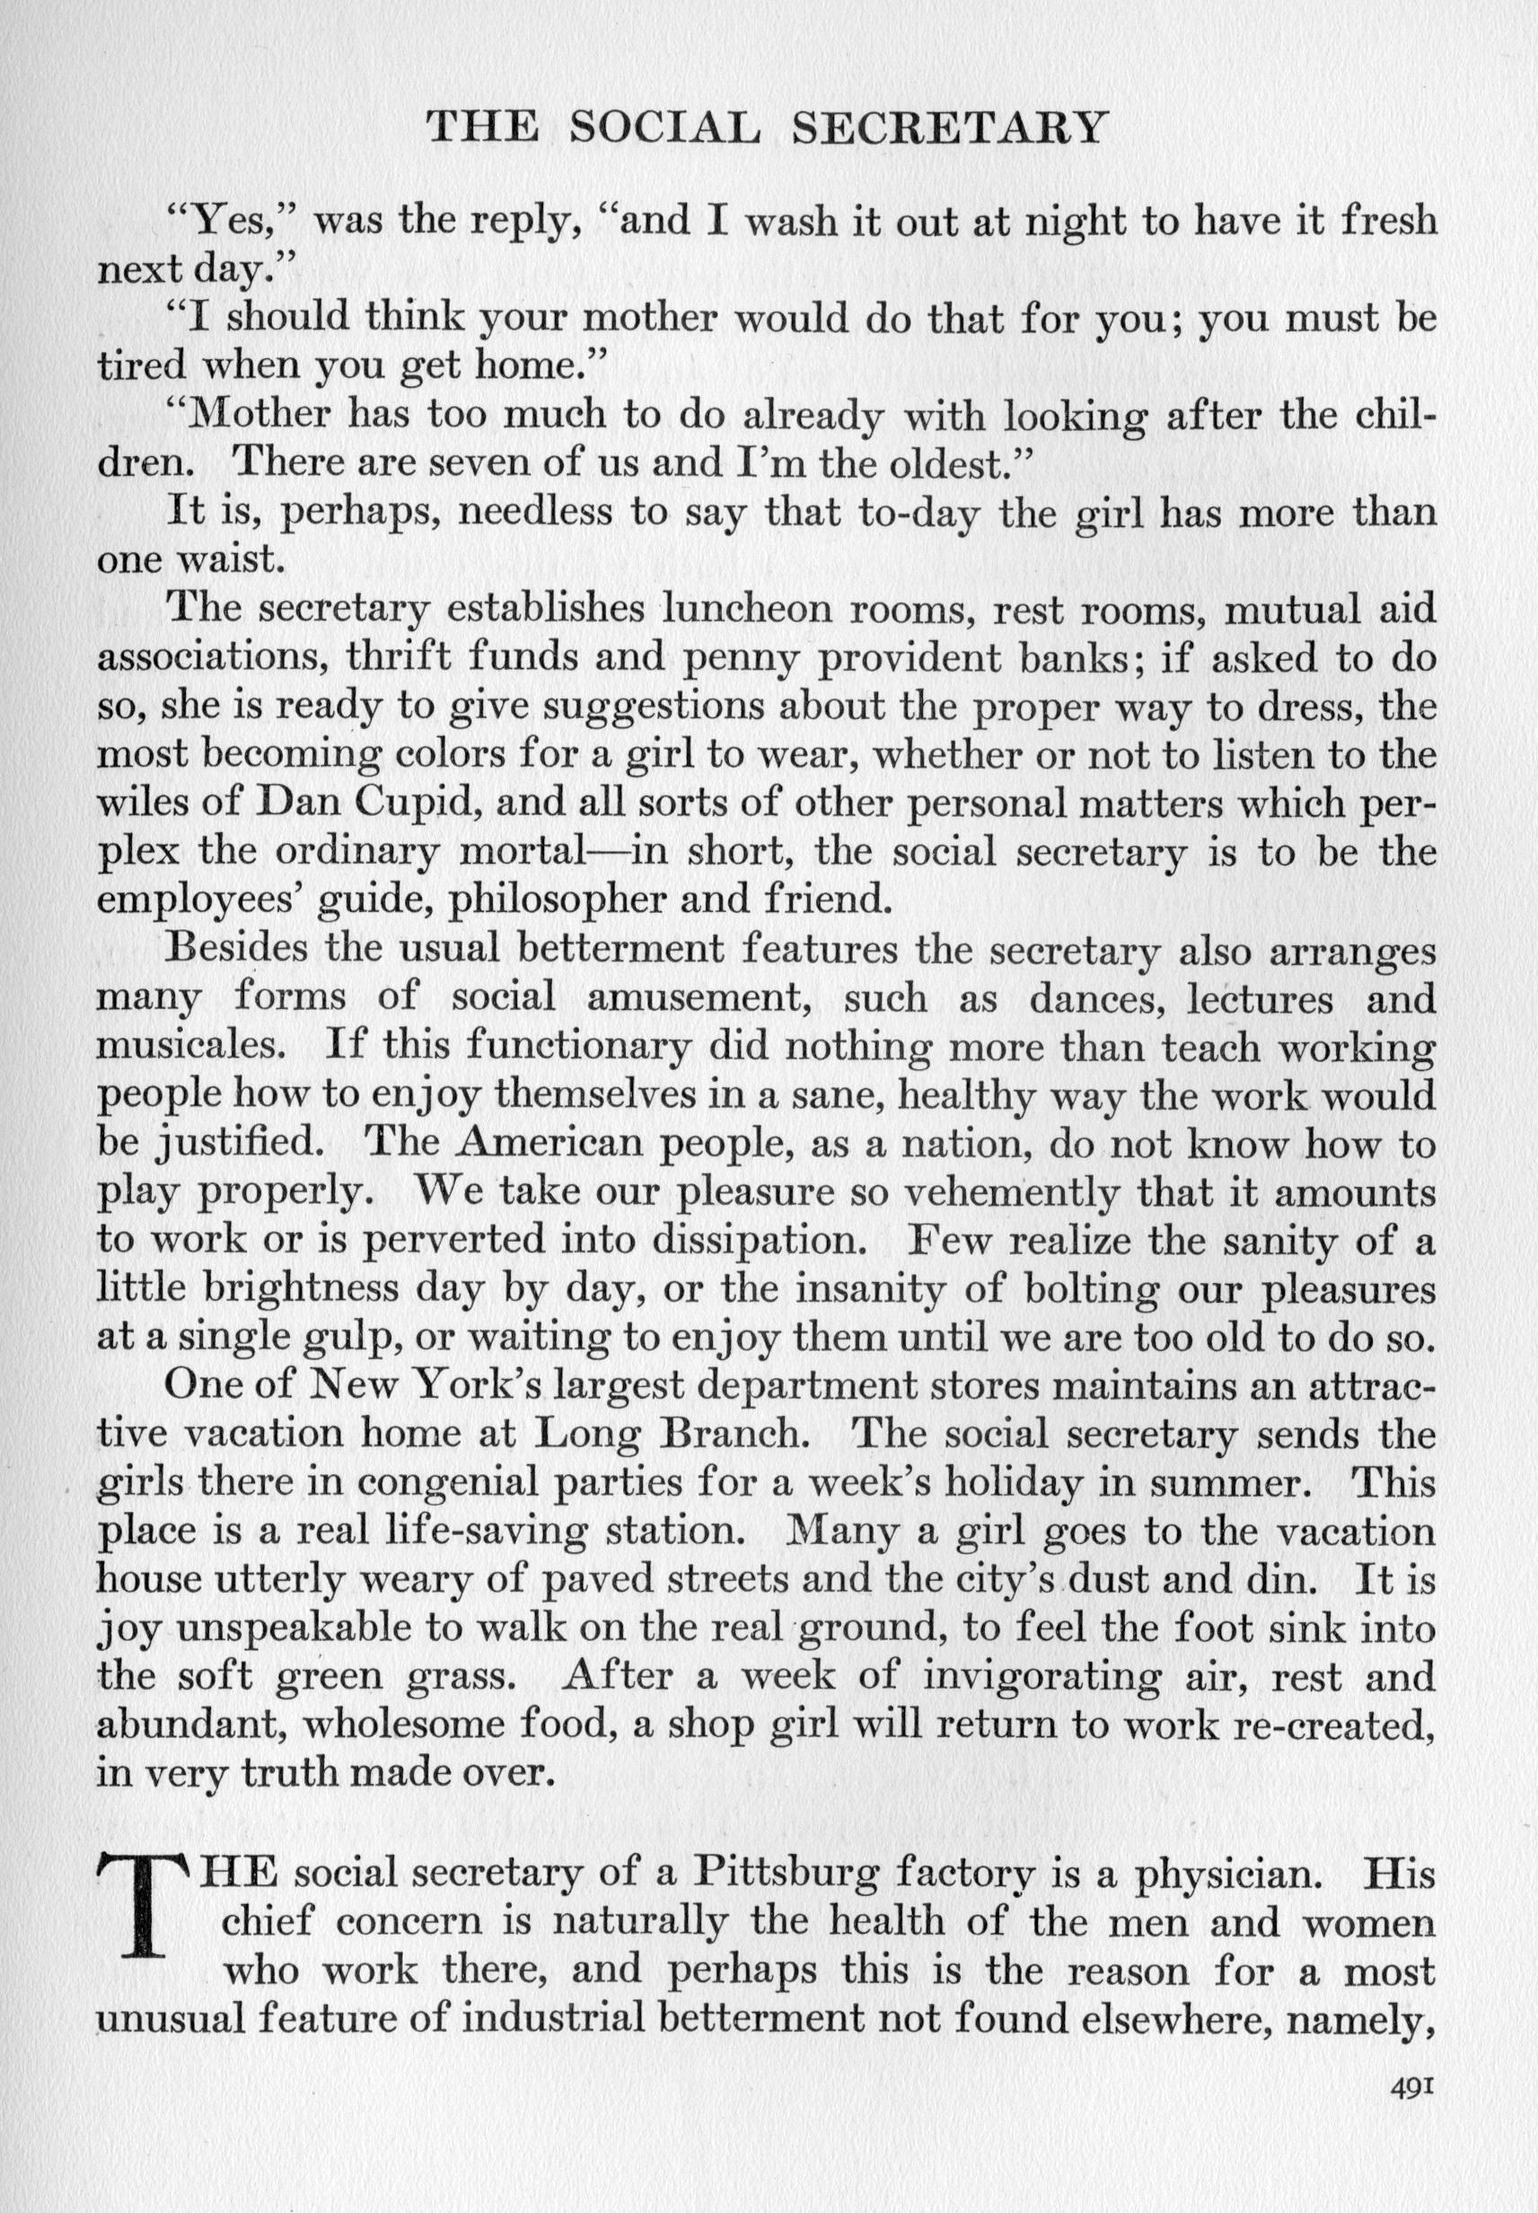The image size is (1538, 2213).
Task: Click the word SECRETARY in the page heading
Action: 947,128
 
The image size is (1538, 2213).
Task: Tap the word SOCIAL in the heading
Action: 664,128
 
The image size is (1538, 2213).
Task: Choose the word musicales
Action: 199,1045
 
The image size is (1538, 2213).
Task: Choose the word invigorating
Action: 1041,1677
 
